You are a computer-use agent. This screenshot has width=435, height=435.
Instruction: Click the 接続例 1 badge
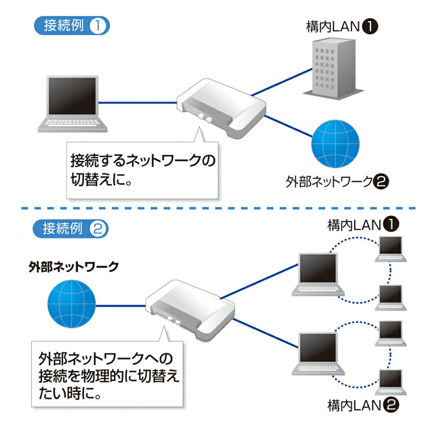72,26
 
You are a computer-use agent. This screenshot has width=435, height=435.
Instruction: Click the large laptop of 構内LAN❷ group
317,353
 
